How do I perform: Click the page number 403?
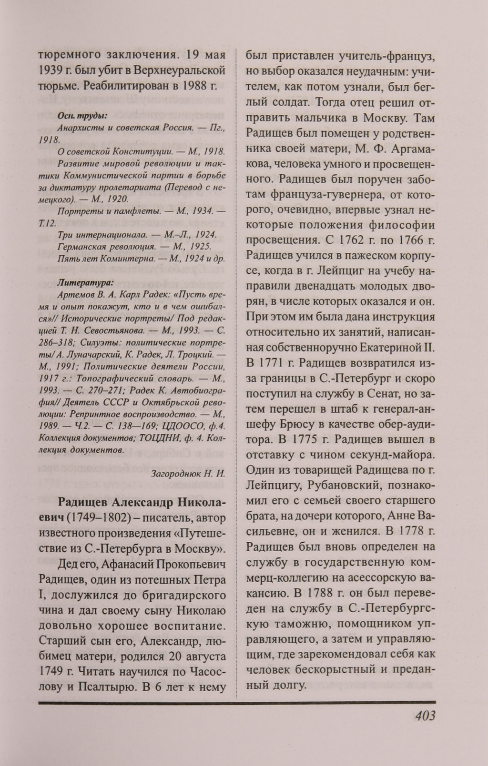pos(419,716)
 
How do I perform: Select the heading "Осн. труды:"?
pos(81,115)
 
